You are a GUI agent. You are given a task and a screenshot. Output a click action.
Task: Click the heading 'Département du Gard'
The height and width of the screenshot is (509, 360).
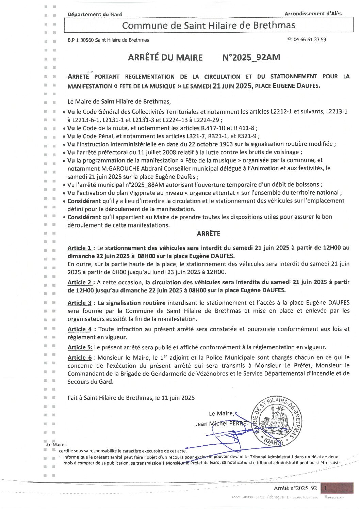95,14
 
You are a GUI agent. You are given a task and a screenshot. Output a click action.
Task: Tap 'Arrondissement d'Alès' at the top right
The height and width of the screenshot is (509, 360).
313,14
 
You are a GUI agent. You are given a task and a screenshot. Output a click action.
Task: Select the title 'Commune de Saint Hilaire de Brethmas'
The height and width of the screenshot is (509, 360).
208,26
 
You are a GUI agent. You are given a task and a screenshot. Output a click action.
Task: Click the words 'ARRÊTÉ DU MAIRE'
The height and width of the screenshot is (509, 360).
165,58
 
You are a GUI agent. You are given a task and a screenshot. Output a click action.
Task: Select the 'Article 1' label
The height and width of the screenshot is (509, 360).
80,248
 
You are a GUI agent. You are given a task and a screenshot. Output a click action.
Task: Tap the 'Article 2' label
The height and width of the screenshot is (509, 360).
80,282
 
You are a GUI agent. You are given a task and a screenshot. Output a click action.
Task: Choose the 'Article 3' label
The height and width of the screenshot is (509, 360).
80,303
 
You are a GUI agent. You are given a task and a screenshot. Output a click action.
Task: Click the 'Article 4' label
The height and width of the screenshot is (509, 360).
80,329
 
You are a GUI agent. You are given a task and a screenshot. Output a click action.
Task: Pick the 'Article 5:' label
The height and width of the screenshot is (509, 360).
80,347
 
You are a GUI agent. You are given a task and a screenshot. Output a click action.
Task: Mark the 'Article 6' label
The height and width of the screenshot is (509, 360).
80,357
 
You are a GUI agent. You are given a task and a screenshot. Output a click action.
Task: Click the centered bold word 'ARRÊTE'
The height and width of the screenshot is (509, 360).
208,234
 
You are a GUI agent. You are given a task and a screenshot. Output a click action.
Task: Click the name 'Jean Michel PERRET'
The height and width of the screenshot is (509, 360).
222,424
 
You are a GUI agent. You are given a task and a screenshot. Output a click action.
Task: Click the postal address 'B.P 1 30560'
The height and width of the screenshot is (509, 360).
80,40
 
